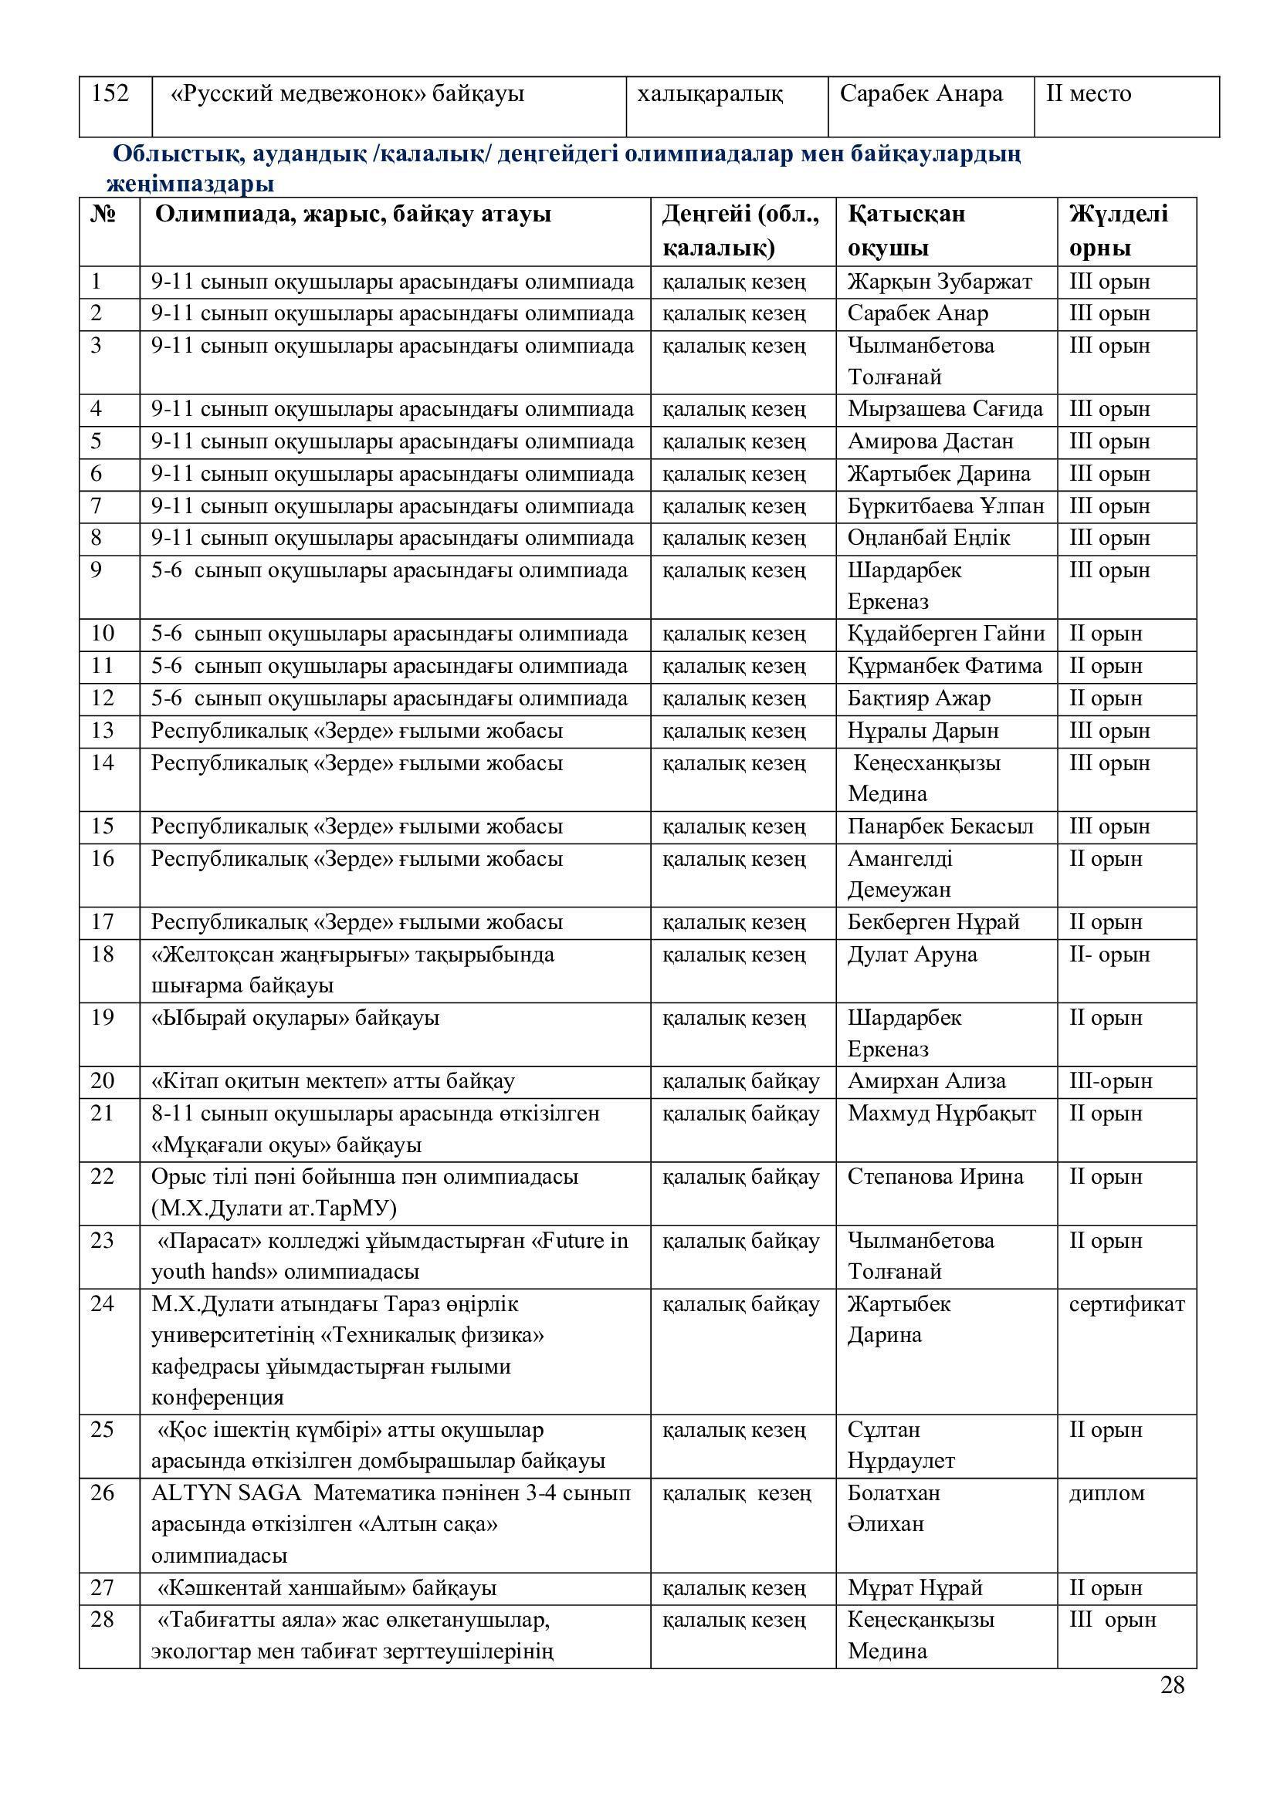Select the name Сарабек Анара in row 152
pyautogui.click(x=921, y=94)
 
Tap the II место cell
pyautogui.click(x=1089, y=94)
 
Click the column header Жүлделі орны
pyautogui.click(x=1118, y=232)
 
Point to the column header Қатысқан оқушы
pyautogui.click(x=906, y=232)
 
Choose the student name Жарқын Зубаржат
pyautogui.click(x=940, y=282)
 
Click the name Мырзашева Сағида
pyautogui.click(x=945, y=409)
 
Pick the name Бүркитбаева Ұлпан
pyautogui.click(x=946, y=506)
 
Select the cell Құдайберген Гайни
pyautogui.click(x=946, y=634)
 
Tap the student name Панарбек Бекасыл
pyautogui.click(x=940, y=827)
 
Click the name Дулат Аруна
pyautogui.click(x=912, y=955)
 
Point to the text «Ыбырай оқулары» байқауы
pyautogui.click(x=295, y=1018)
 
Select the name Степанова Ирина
pyautogui.click(x=936, y=1177)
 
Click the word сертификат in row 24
pyautogui.click(x=1126, y=1304)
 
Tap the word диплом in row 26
pyautogui.click(x=1106, y=1493)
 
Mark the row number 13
pyautogui.click(x=102, y=730)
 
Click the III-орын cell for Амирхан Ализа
pyautogui.click(x=1110, y=1081)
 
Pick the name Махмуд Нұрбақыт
pyautogui.click(x=942, y=1114)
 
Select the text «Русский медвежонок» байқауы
pyautogui.click(x=347, y=94)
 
